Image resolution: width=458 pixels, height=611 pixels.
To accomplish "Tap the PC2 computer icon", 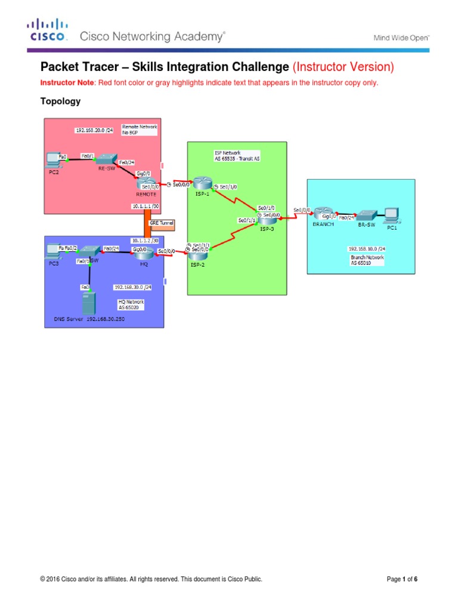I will click(52, 159).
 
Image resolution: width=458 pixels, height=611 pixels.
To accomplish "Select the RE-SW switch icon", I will click(107, 158).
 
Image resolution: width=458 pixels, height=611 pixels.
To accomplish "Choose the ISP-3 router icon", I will click(266, 218).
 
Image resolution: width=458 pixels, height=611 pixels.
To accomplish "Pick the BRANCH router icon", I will click(323, 214).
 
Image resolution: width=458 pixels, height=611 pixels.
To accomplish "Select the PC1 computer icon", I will click(392, 214).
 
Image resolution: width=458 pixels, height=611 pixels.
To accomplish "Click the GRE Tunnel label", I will click(162, 223).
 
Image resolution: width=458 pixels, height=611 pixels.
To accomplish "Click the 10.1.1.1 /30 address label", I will click(146, 206).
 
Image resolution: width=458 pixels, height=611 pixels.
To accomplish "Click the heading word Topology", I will click(60, 101).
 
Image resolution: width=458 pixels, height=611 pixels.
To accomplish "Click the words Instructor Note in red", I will click(64, 82).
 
